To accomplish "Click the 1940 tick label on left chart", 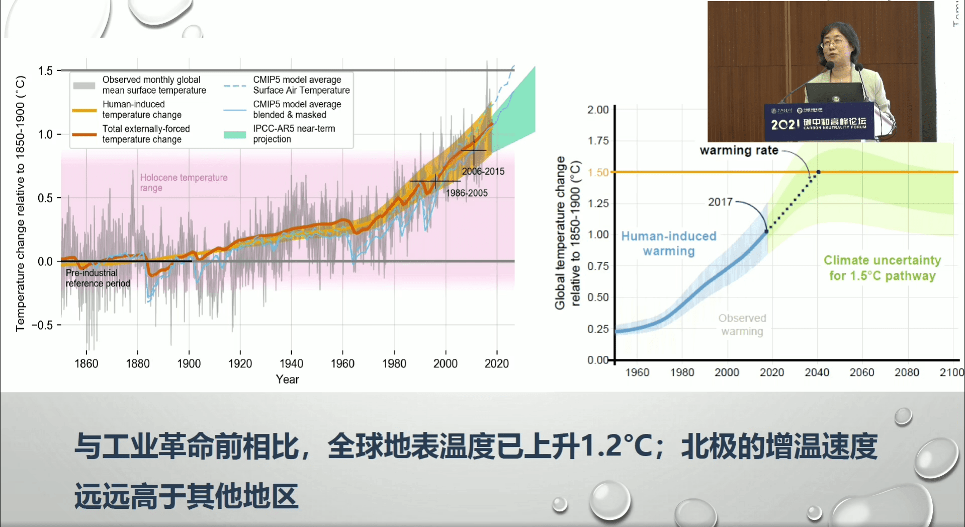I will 291,363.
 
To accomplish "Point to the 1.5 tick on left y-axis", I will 45,71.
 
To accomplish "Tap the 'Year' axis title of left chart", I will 287,380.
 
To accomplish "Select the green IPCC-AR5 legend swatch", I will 234,134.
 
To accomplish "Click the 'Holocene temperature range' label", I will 184,183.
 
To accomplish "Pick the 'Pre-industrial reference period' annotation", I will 98,278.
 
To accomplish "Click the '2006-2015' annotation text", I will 483,172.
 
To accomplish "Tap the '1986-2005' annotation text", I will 467,193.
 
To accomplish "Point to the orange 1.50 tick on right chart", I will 598,173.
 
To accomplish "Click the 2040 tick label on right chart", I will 817,372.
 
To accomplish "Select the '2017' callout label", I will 720,202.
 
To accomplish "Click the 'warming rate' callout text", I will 739,150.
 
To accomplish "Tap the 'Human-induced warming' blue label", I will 669,244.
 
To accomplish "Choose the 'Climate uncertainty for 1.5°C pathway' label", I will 882,268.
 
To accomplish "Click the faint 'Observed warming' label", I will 742,325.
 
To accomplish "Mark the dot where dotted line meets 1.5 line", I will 819,172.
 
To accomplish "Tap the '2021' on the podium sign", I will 785,124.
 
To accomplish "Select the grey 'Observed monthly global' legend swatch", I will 84,86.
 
